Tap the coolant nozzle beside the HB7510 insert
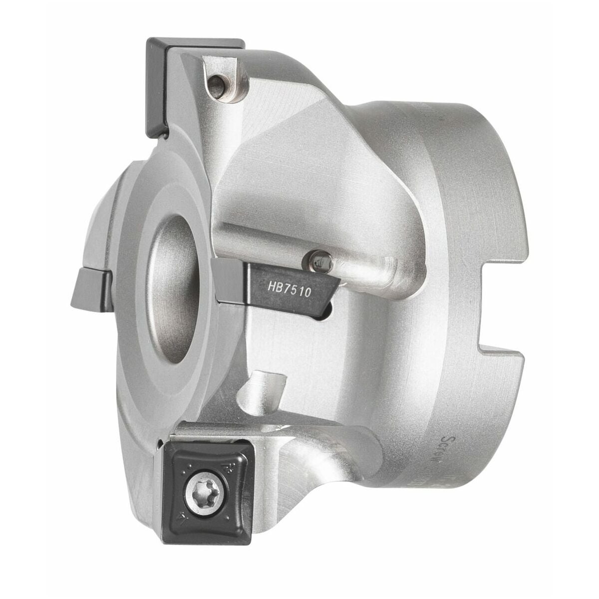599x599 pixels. click(x=315, y=259)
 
